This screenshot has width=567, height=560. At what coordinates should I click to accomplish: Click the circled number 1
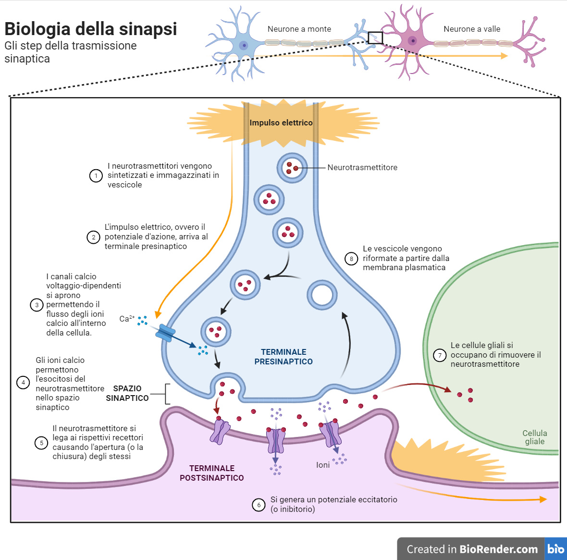(96, 175)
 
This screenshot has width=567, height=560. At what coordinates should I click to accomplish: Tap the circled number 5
(41, 443)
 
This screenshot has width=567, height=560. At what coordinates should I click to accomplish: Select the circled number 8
(351, 259)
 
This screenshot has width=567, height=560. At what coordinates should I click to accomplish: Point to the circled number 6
(259, 505)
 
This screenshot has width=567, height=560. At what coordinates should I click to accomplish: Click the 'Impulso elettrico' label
(281, 123)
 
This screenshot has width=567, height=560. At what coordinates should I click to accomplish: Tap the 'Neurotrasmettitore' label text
(362, 168)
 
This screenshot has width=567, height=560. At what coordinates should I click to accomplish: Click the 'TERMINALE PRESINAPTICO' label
(283, 357)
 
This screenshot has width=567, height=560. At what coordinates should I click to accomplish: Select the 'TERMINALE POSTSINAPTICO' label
(212, 473)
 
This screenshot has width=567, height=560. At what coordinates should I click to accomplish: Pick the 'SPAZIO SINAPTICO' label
(127, 393)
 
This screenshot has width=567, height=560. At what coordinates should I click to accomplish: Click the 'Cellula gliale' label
(534, 437)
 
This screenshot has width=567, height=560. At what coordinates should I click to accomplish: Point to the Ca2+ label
(126, 318)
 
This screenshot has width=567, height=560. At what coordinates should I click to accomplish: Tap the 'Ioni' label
(323, 465)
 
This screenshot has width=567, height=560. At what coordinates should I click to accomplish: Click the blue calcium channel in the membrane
(166, 333)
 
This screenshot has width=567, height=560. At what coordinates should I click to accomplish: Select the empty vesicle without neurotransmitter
(322, 295)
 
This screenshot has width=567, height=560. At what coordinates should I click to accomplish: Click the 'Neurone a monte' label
(299, 29)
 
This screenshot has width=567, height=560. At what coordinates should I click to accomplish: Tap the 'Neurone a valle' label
(472, 29)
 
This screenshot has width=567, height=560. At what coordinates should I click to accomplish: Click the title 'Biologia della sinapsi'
(91, 29)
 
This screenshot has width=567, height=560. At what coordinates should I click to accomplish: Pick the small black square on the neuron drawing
(375, 38)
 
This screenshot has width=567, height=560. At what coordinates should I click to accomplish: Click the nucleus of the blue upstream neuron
(244, 46)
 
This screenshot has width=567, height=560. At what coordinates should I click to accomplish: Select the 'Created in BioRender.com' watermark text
(472, 549)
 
